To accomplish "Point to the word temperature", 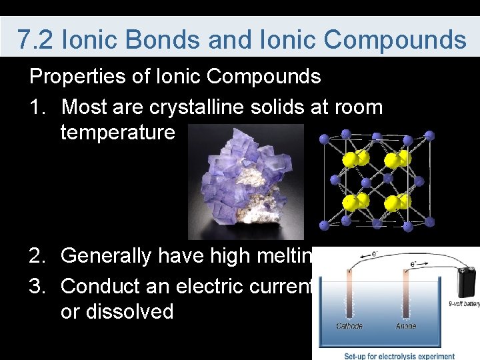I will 117,132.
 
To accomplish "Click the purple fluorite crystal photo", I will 245,181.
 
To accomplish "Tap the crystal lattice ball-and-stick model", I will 377,181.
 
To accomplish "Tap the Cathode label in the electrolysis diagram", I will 349,327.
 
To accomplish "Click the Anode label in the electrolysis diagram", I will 405,327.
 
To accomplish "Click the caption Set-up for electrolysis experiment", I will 399,356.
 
